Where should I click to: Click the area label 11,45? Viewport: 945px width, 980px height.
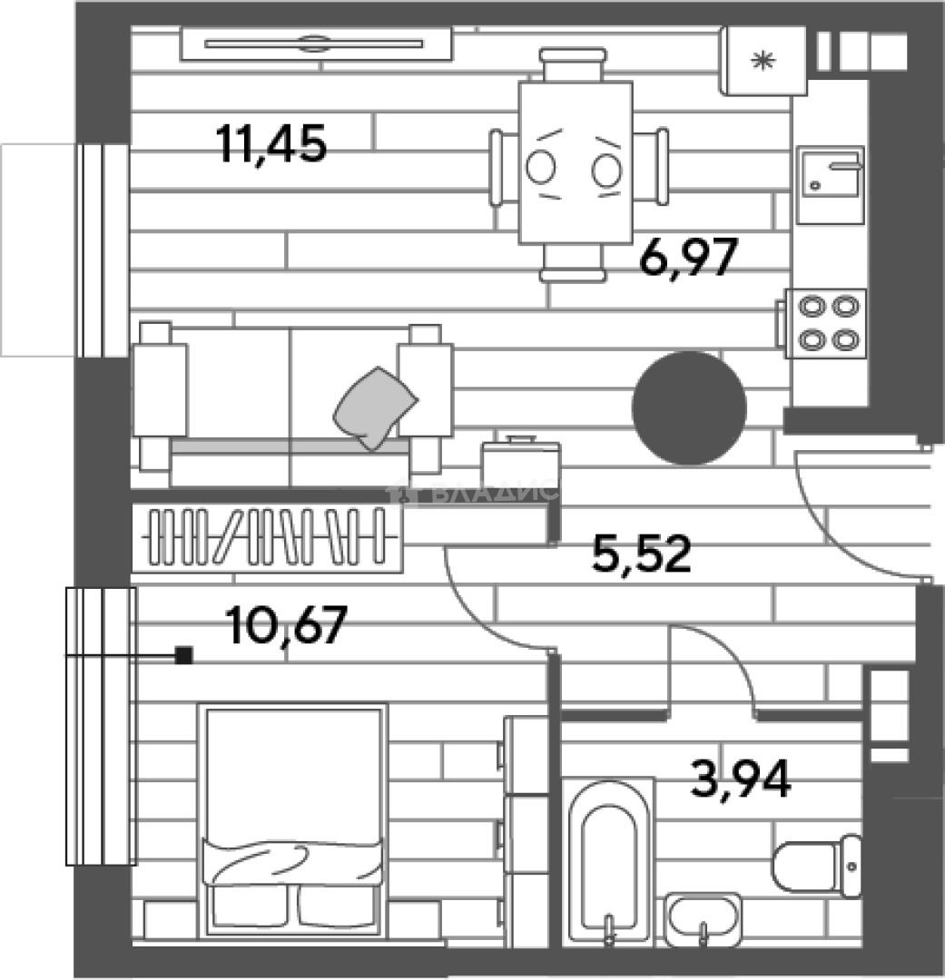click(x=271, y=144)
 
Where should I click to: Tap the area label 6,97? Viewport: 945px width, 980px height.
click(x=689, y=257)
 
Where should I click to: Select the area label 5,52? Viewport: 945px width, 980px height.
click(x=642, y=554)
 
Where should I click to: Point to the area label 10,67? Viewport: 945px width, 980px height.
click(x=287, y=625)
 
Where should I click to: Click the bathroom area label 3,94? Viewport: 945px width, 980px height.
click(x=741, y=779)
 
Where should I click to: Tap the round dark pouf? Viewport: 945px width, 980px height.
click(x=689, y=407)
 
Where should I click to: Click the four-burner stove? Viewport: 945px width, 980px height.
click(x=825, y=323)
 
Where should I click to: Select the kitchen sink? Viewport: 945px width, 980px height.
click(x=831, y=185)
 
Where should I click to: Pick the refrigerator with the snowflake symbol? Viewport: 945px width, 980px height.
click(x=763, y=61)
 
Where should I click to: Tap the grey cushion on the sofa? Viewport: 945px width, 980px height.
click(x=375, y=407)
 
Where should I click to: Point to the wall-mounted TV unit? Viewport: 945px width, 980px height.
click(x=316, y=44)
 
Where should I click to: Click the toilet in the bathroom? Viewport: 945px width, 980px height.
click(x=817, y=866)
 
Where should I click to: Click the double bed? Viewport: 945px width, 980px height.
click(x=293, y=820)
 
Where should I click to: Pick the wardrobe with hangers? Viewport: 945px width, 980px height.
click(x=267, y=538)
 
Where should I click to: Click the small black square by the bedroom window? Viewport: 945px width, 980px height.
click(x=183, y=655)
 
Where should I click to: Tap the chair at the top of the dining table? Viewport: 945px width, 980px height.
click(x=573, y=64)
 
